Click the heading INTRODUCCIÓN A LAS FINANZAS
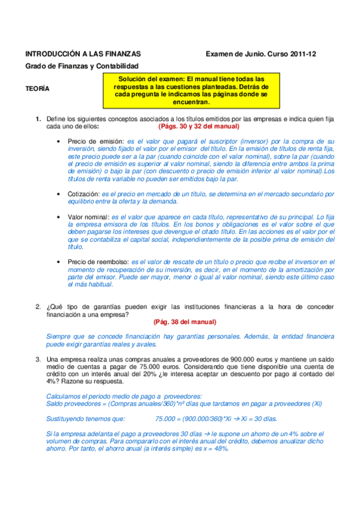(83, 54)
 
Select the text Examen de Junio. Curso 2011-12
(261, 54)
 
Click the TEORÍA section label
(37, 88)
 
